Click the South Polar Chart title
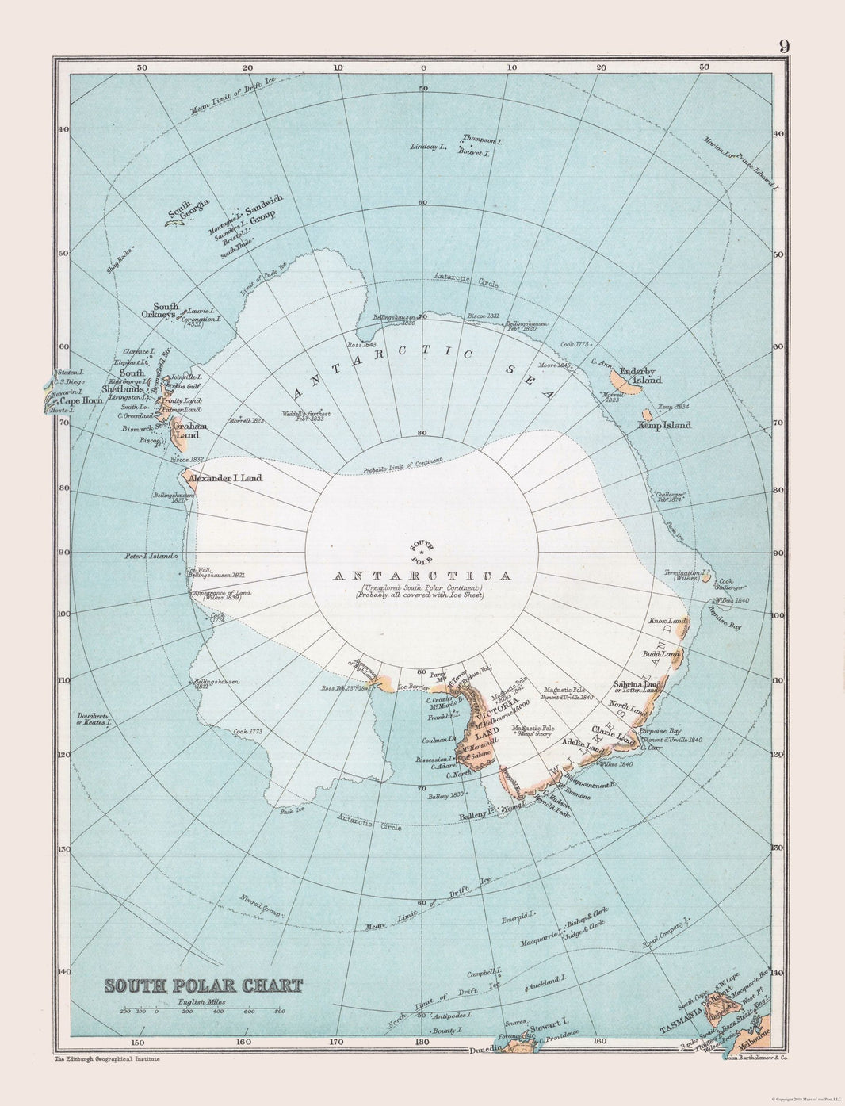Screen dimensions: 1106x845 (x=203, y=987)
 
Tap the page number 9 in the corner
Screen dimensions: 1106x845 (x=783, y=45)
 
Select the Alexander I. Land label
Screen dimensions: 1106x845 (x=225, y=478)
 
